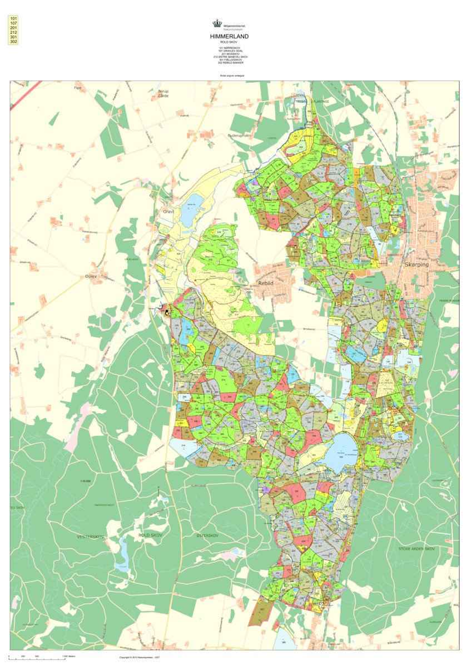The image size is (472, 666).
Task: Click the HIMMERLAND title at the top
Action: [229, 37]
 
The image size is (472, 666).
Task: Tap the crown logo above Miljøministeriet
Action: [217, 23]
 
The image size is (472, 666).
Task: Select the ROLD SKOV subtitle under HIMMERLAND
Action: [229, 42]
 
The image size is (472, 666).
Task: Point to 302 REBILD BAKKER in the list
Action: [231, 63]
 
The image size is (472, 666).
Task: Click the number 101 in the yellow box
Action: [13, 19]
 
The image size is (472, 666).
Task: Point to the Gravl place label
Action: [168, 212]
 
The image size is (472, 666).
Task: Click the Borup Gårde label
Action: [163, 93]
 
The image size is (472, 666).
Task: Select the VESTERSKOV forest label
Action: [91, 537]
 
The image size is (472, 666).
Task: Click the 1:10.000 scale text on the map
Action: [85, 480]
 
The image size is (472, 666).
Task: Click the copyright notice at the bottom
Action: [144, 657]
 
